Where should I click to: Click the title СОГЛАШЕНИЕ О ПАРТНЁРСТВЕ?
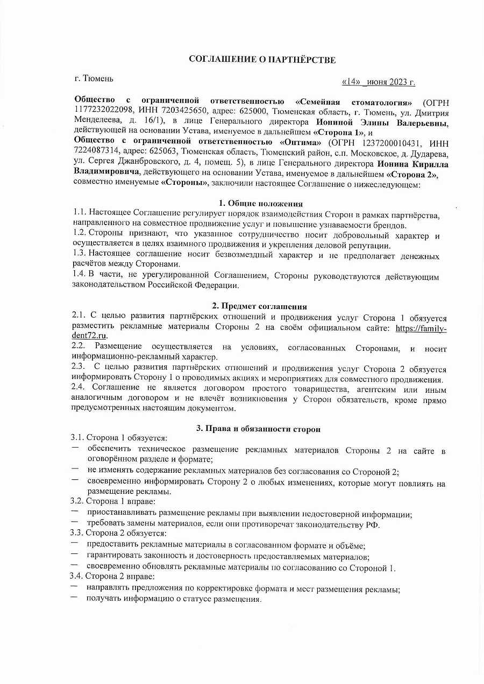pos(262,59)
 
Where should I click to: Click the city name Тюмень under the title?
pos(98,79)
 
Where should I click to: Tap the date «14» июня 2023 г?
pos(378,82)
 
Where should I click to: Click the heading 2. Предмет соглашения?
pos(260,306)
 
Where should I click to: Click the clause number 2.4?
pos(79,388)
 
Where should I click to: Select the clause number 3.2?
pos(78,501)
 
